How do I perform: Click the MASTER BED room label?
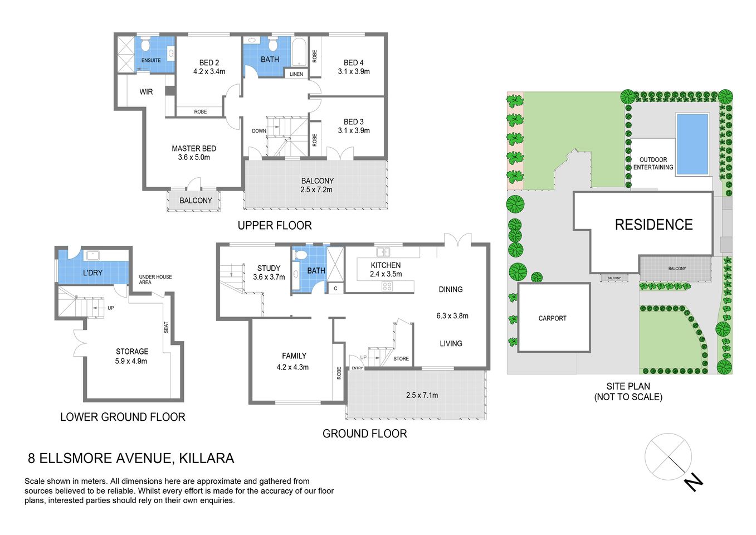point(193,149)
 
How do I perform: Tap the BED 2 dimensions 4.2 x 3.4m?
point(209,71)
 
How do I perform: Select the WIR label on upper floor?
point(146,92)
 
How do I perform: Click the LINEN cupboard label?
point(296,74)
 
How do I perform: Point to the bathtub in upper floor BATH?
point(299,52)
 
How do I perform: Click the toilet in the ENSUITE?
point(145,45)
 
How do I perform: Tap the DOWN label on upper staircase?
point(259,131)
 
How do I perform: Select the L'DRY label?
point(92,273)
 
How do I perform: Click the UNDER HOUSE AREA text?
point(155,279)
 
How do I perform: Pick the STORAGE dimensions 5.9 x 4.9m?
point(131,361)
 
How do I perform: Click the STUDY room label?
point(269,268)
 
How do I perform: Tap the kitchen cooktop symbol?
point(387,287)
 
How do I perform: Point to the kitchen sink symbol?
point(383,252)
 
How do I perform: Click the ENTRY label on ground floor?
point(357,368)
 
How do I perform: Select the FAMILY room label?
point(294,356)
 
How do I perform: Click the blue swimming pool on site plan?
point(692,143)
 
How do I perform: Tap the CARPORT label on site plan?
point(552,318)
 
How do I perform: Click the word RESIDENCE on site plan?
point(653,225)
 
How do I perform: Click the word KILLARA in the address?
point(207,459)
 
